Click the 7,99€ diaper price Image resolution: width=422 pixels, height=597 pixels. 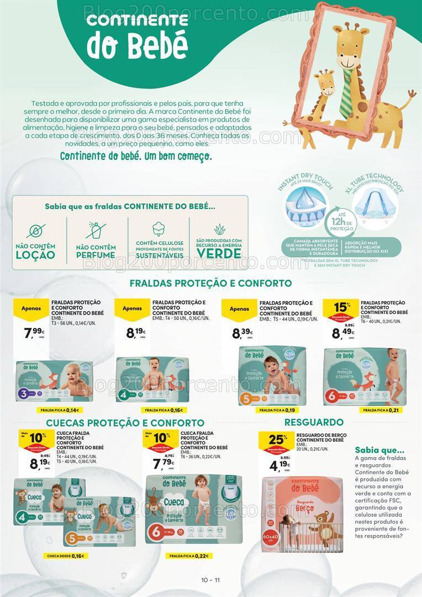pos(34,332)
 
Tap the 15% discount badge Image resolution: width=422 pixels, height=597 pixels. pos(342,308)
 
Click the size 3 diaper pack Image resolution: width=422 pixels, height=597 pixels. pos(55,381)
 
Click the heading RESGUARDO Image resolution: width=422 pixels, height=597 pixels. pos(314,422)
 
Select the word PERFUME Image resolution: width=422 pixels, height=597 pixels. pos(96,255)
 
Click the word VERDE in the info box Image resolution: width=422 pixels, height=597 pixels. pos(219,254)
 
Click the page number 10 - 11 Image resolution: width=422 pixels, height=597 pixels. pos(211,580)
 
